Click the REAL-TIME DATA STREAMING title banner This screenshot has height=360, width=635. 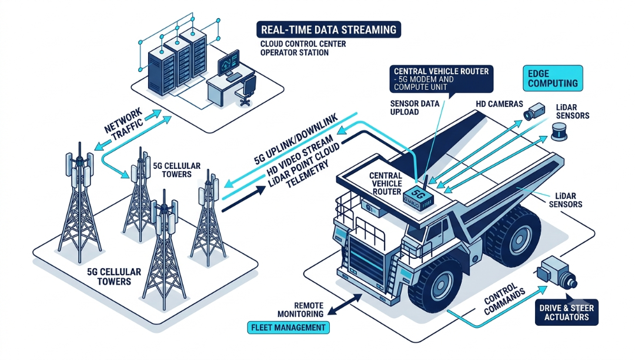pyautogui.click(x=329, y=29)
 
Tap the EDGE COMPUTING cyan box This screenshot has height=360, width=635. pyautogui.click(x=553, y=78)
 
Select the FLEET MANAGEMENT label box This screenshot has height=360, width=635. pyautogui.click(x=288, y=327)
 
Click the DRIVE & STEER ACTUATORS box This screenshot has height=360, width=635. pyautogui.click(x=566, y=312)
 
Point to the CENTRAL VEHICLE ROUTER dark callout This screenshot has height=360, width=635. pyautogui.click(x=442, y=79)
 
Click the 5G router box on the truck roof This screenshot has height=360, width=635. pyautogui.click(x=419, y=199)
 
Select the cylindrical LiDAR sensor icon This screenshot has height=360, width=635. pyautogui.click(x=559, y=132)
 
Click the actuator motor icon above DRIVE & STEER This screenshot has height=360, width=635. pyautogui.click(x=557, y=272)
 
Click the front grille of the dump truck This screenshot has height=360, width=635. pyautogui.click(x=366, y=260)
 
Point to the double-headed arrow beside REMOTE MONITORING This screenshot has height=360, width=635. pyautogui.click(x=345, y=305)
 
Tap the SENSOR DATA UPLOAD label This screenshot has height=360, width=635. pyautogui.click(x=415, y=107)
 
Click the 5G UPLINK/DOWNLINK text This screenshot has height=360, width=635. pyautogui.click(x=296, y=139)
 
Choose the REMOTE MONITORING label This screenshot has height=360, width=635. pyautogui.click(x=300, y=309)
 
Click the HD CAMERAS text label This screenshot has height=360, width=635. pyautogui.click(x=499, y=104)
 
